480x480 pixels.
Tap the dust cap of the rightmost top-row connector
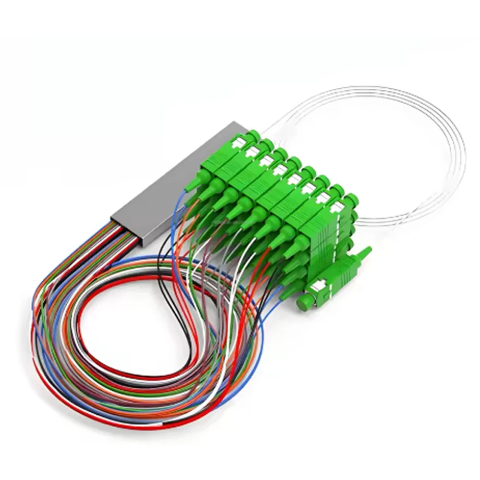tap(352, 199)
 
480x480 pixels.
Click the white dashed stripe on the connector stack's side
tap(343, 226)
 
